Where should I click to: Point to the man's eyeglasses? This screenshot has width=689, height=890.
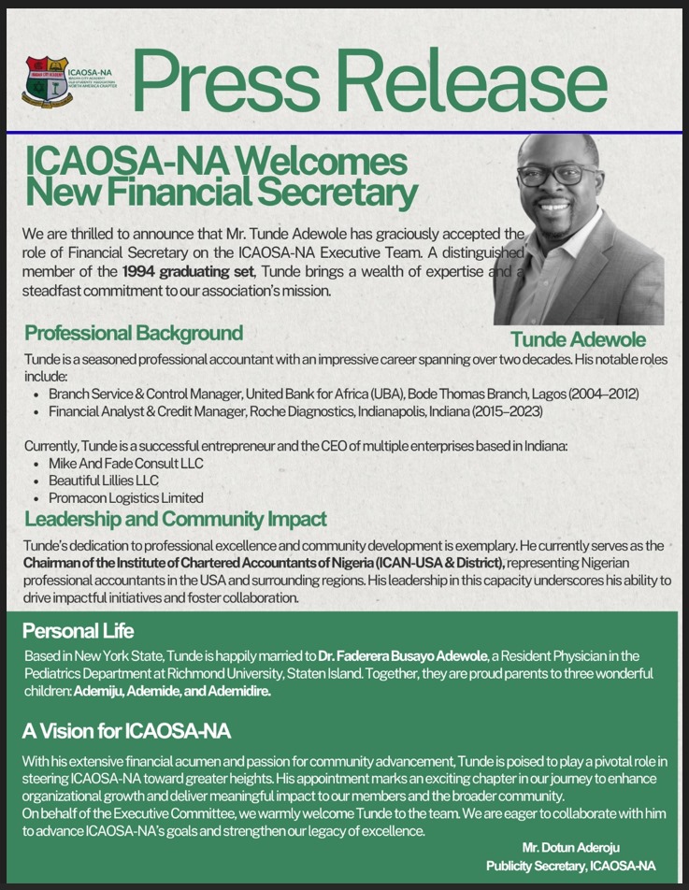(x=556, y=175)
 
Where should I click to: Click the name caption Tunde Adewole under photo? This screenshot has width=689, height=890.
(x=578, y=339)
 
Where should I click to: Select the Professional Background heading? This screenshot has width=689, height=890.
(x=134, y=333)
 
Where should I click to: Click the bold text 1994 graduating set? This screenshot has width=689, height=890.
(x=179, y=272)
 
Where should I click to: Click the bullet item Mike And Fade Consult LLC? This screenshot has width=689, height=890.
(x=125, y=464)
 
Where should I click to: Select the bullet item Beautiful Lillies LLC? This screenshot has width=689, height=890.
(x=104, y=481)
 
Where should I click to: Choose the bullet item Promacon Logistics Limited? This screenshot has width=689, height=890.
(x=125, y=498)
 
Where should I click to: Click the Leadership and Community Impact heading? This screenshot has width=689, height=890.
(x=176, y=519)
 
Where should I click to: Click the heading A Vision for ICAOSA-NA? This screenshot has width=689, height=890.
(x=126, y=730)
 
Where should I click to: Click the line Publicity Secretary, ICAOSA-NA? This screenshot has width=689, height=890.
(x=570, y=867)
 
